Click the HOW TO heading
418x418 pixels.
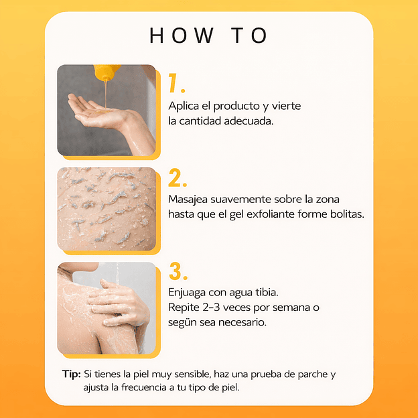pyautogui.click(x=209, y=36)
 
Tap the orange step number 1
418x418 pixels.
pyautogui.click(x=176, y=84)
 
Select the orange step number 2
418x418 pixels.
pyautogui.click(x=177, y=178)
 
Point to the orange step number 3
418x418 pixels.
pyautogui.click(x=177, y=272)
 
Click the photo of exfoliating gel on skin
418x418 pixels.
pyautogui.click(x=107, y=209)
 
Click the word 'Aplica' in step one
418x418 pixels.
pyautogui.click(x=184, y=107)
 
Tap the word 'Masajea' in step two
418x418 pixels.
pyautogui.click(x=190, y=200)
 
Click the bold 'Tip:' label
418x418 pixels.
pyautogui.click(x=70, y=374)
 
